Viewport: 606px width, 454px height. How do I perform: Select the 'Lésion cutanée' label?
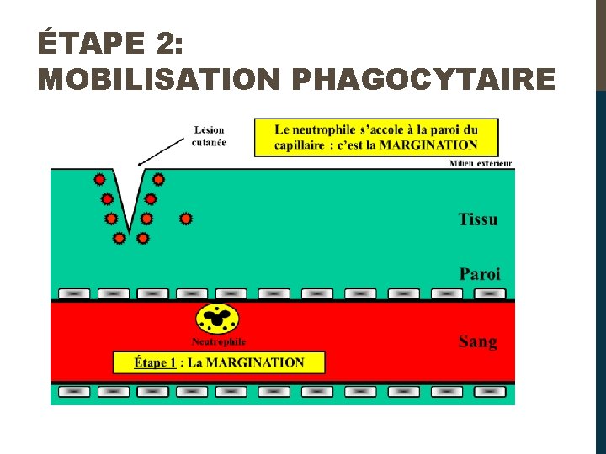[x=210, y=136]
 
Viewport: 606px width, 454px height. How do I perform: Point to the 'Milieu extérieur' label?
[x=481, y=163]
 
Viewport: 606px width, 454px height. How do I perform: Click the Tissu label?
[x=477, y=219]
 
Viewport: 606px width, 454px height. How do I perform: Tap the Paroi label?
[x=479, y=274]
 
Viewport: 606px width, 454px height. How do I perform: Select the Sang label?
[x=477, y=341]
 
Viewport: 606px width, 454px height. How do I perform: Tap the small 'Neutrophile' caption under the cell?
[x=219, y=341]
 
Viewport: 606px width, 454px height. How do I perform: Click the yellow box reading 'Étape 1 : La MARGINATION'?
[x=219, y=362]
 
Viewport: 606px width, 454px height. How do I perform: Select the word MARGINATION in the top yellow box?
[x=430, y=145]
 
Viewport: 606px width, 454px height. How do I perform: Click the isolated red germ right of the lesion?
[x=186, y=219]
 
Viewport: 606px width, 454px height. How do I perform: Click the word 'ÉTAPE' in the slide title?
[x=77, y=41]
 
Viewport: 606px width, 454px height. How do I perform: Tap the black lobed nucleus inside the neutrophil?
[x=217, y=318]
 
